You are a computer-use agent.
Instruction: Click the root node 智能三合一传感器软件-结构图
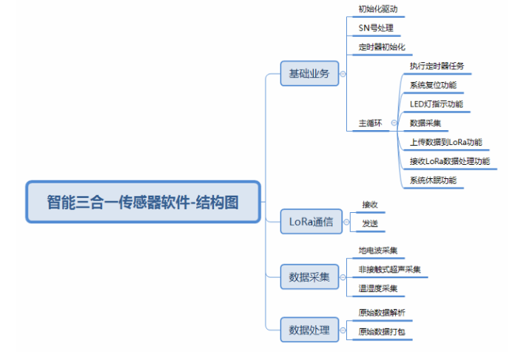[x=144, y=202]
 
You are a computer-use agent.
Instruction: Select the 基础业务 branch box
[x=309, y=74]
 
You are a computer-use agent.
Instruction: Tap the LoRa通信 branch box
[x=309, y=221]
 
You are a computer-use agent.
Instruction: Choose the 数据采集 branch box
[x=309, y=278]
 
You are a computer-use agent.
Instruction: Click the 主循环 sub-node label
[x=369, y=123]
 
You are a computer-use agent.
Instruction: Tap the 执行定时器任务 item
[x=437, y=67]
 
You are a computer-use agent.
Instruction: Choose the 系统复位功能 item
[x=433, y=85]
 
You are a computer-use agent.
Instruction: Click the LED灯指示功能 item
[x=437, y=104]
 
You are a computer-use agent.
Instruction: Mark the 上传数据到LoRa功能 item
[x=445, y=142]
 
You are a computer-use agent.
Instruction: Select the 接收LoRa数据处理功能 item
[x=449, y=160]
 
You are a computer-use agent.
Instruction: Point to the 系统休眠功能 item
[x=433, y=180]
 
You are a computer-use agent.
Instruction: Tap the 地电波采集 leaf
[x=377, y=251]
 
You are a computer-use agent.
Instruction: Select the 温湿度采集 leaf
[x=377, y=288]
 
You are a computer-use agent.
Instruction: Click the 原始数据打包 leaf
[x=381, y=331]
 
